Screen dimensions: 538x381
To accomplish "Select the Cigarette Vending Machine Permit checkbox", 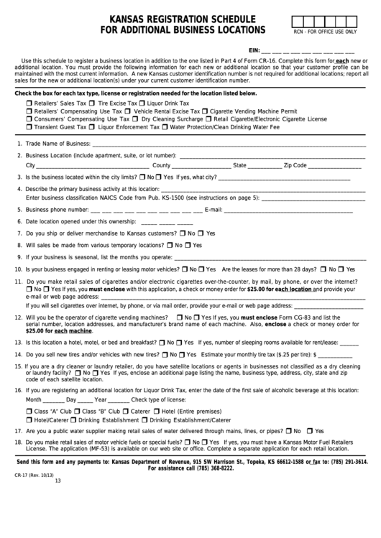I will coord(206,111).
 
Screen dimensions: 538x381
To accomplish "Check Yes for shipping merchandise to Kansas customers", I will coord(202,233).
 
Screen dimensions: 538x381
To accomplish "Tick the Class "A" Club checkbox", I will coord(29,410).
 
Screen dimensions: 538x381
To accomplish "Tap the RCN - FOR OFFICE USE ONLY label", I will coord(324,32).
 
